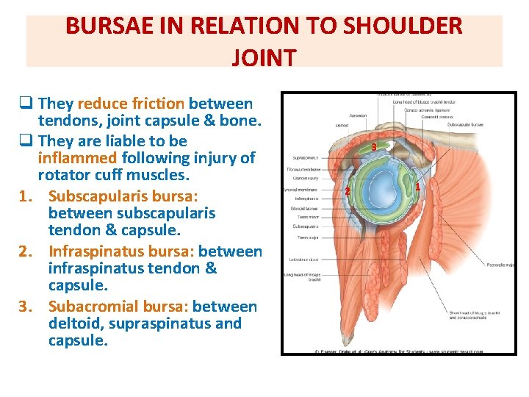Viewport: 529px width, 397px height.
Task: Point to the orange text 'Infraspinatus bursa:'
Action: pyautogui.click(x=121, y=251)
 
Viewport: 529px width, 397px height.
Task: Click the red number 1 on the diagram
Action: pyautogui.click(x=417, y=186)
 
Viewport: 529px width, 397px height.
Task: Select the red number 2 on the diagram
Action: pyautogui.click(x=347, y=192)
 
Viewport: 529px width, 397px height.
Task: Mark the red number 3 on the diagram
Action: pyautogui.click(x=374, y=148)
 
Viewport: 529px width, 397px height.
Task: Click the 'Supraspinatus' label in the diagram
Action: pyautogui.click(x=306, y=157)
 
